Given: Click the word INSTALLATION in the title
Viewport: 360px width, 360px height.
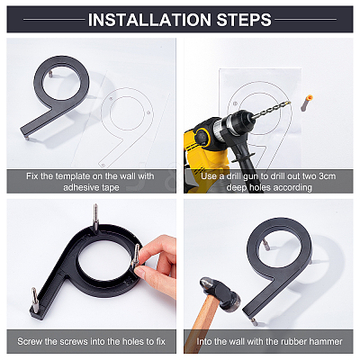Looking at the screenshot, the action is click(149, 20).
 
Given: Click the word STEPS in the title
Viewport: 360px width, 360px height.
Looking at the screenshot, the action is click(244, 20).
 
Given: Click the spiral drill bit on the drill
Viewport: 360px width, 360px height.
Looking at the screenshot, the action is click(271, 110).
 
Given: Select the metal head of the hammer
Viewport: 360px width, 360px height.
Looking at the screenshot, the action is click(220, 291).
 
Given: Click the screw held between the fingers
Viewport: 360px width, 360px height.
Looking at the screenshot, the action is click(136, 256).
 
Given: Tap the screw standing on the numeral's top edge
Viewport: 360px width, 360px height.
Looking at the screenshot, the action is click(95, 218).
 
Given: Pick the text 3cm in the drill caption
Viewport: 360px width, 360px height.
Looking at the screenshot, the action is click(328, 176).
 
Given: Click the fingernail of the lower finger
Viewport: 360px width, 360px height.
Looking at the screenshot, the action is click(139, 272).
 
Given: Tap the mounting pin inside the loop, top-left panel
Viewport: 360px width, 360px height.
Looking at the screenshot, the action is click(50, 74).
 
